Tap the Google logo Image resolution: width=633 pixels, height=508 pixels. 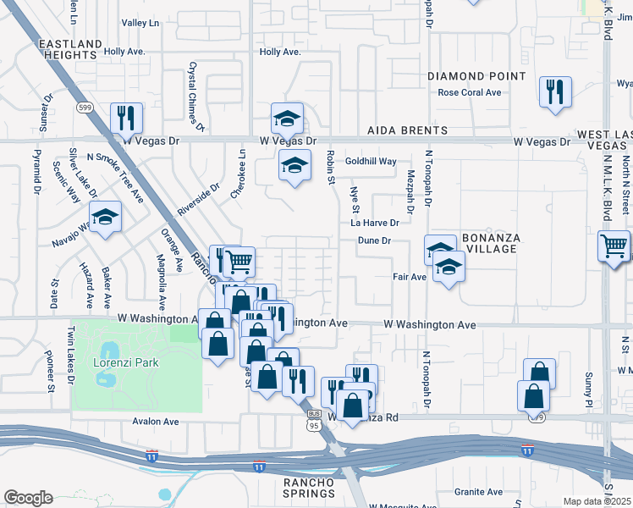point(29,498)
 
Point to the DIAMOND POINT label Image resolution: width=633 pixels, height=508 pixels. point(471,76)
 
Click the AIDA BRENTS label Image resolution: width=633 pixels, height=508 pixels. point(407,130)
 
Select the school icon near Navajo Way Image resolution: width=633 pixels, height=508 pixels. point(105,218)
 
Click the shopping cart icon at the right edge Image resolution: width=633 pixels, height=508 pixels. point(614,246)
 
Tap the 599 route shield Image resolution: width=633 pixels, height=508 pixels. point(84,108)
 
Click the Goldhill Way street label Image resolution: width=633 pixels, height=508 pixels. point(372,161)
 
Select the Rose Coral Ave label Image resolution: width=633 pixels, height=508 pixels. point(470,93)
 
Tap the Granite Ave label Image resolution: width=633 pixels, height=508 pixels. point(478,492)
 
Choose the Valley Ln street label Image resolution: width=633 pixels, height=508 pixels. point(140,23)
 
